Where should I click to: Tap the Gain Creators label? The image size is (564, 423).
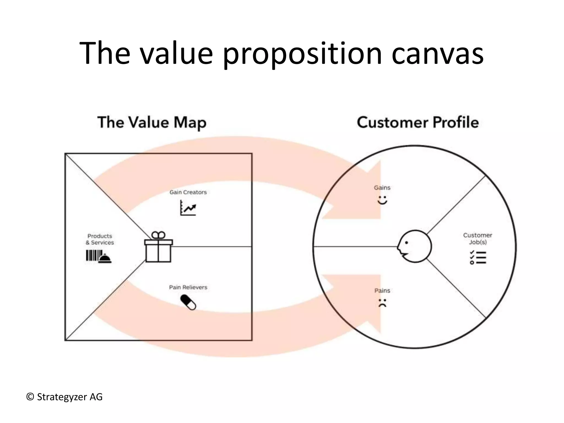coord(188,192)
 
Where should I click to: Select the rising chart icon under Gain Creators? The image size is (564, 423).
coord(188,208)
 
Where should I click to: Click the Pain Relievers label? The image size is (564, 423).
coord(188,287)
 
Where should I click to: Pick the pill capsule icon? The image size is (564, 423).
coord(188,302)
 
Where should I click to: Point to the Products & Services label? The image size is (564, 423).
coord(100,239)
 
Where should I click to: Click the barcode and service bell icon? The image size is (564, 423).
coord(99,256)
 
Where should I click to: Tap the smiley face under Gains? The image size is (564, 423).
coord(382,200)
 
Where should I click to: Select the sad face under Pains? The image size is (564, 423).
coord(382,303)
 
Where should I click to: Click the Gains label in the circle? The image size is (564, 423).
coord(382,188)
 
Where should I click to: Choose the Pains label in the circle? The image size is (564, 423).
coord(382,291)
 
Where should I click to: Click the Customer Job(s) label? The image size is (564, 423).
coord(478,238)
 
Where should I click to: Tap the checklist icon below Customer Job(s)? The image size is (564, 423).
coord(478,257)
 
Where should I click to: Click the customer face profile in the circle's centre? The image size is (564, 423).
coord(415,246)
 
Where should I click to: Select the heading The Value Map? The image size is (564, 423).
coord(152,123)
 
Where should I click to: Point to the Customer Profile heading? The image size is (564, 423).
coord(418,123)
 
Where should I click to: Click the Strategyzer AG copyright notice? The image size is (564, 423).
coord(64,397)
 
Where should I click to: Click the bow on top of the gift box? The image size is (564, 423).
coord(158,235)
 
